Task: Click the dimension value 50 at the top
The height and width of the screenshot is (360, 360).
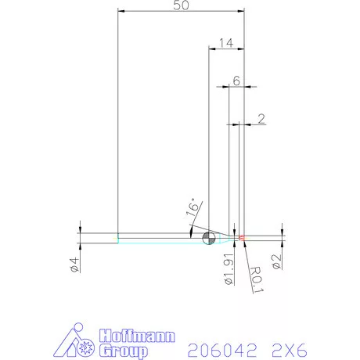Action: click(180, 5)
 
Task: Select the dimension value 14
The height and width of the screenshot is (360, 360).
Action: click(226, 43)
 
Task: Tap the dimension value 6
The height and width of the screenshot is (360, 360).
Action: click(236, 81)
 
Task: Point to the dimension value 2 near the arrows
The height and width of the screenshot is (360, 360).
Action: click(261, 118)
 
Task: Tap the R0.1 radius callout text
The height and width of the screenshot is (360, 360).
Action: click(257, 279)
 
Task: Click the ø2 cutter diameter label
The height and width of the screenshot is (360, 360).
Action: click(275, 261)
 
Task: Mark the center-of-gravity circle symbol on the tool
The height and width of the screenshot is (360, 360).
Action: click(209, 238)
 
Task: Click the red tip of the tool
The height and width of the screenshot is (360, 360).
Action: click(242, 237)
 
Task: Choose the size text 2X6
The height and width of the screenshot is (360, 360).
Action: click(286, 348)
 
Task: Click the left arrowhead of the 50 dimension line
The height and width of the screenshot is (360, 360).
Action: click(120, 11)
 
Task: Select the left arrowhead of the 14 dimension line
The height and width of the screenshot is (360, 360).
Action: click(211, 49)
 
